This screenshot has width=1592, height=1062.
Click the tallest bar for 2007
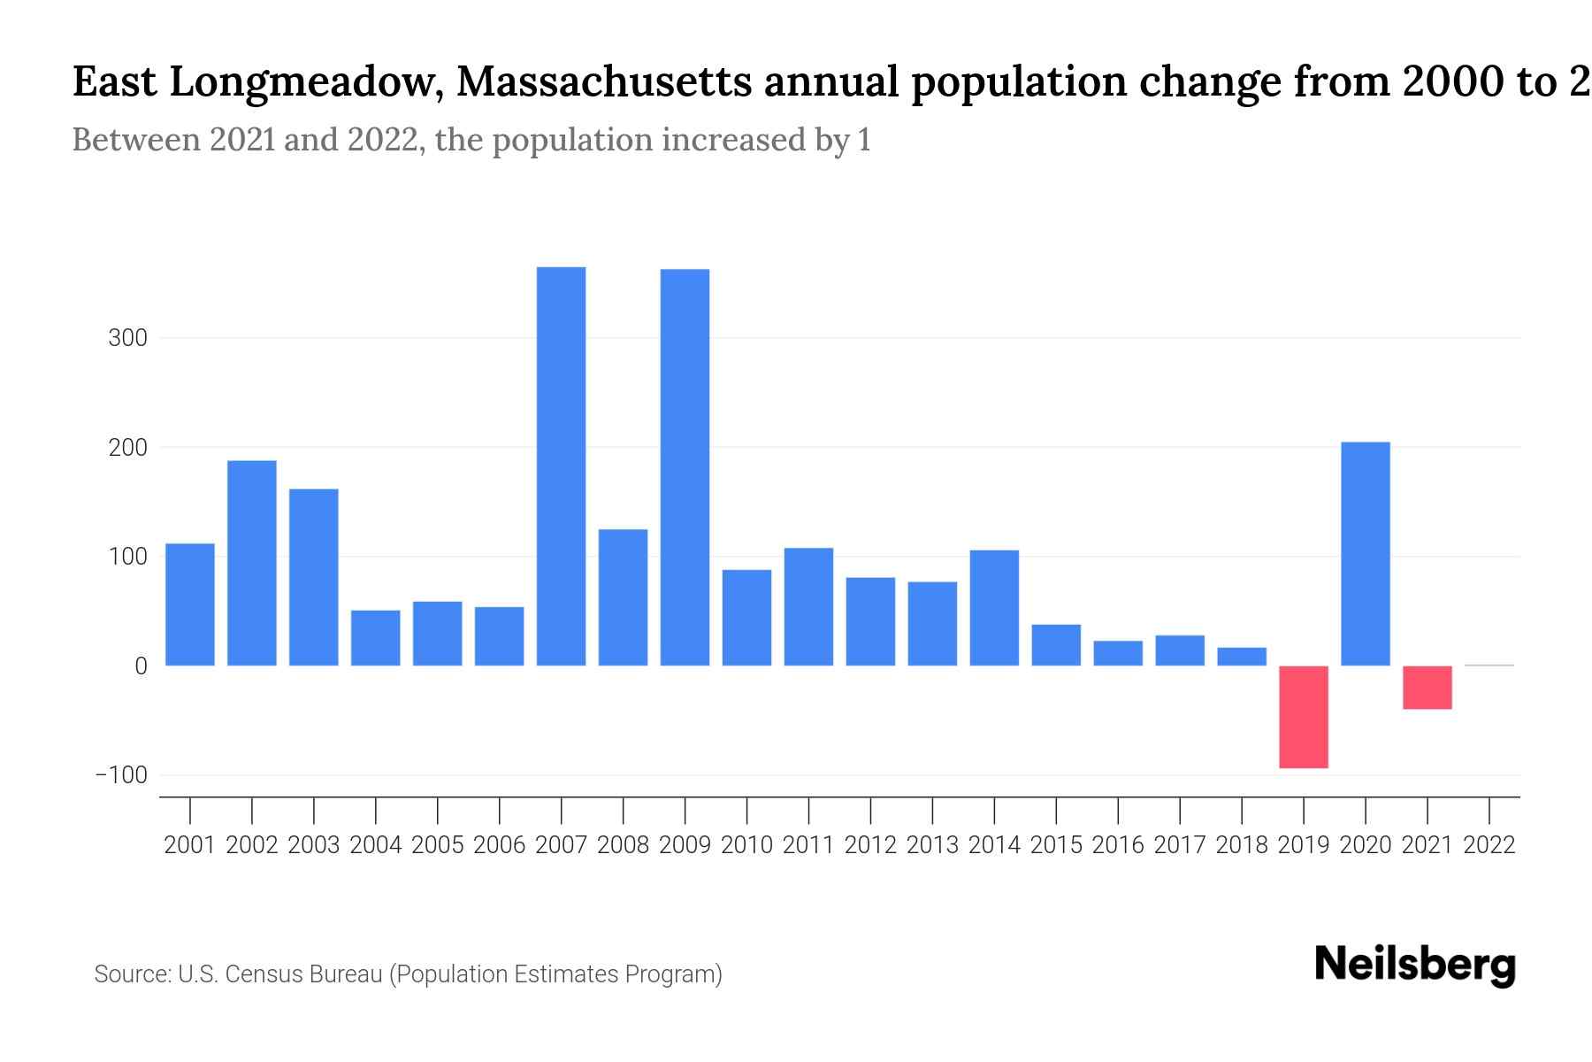pos(561,466)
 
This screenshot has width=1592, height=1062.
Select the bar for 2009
pos(685,467)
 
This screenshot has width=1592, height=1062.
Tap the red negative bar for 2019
pos(1304,717)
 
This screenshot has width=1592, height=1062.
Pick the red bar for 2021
pos(1427,688)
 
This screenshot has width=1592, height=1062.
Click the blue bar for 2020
pos(1366,554)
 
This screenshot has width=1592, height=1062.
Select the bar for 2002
pos(252,563)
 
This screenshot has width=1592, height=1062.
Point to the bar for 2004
pos(376,638)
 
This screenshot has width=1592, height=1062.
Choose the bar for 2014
pos(994,608)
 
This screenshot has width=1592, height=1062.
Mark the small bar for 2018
pos(1242,657)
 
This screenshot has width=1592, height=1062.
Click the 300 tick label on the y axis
pos(127,338)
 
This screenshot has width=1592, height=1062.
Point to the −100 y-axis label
pos(121,775)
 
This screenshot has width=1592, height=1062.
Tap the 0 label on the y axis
pos(141,666)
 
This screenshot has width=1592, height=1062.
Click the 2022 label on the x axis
pos(1489,845)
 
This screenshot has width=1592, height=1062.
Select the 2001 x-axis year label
pos(190,845)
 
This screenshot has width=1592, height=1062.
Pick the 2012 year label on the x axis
pos(870,845)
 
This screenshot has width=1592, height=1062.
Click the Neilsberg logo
pos(1415,965)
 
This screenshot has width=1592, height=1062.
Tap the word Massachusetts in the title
pos(604,82)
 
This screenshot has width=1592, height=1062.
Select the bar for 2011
pos(808,607)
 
